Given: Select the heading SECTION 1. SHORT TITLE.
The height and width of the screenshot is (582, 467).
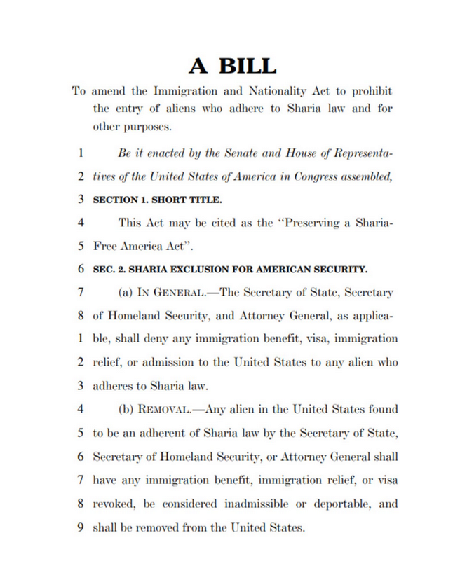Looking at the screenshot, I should [x=157, y=200].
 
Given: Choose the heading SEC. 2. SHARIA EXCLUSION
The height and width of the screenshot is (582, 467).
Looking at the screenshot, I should [x=230, y=268].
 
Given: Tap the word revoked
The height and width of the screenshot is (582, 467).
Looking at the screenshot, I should [x=112, y=502].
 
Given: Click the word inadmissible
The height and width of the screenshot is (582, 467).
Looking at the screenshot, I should [x=255, y=502].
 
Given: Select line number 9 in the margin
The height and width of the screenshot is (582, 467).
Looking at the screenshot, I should [x=81, y=526].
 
